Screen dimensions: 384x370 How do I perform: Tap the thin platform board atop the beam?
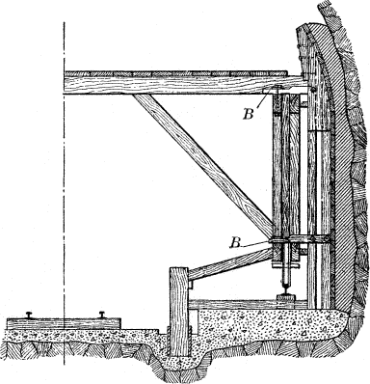[173, 72]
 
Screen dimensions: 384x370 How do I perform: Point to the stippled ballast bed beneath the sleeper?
[77, 338]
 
